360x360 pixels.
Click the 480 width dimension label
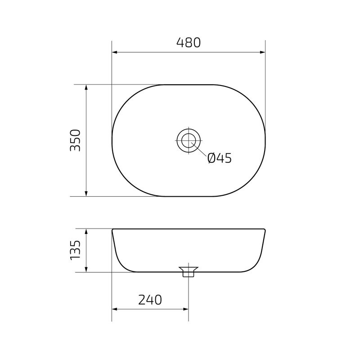(188, 43)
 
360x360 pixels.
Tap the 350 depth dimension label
(75, 140)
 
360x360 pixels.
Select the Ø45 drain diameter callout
(219, 158)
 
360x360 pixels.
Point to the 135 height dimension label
(75, 250)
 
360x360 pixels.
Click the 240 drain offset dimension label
(149, 300)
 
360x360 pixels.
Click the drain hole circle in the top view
(188, 140)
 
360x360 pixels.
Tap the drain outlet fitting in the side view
(188, 272)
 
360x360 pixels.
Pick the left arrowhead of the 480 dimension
(115, 53)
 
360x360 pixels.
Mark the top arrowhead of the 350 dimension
(86, 87)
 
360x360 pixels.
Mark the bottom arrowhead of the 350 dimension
(86, 193)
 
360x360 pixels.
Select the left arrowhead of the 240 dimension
(115, 309)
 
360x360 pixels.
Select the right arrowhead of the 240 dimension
(185, 309)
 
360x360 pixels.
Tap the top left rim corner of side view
(112, 229)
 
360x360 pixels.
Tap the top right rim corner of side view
(265, 229)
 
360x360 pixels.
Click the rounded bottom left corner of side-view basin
(124, 266)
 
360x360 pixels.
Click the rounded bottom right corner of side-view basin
(253, 266)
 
